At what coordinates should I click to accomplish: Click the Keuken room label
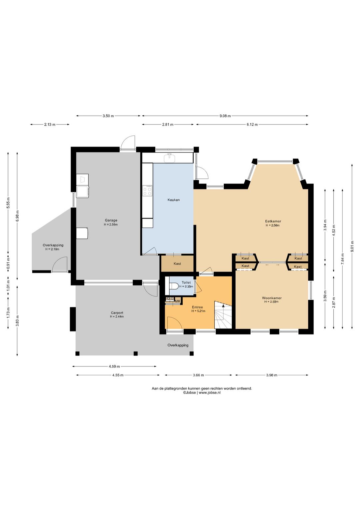[x=174, y=200]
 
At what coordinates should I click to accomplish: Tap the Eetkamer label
[x=273, y=221]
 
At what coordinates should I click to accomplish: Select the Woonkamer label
[x=272, y=298]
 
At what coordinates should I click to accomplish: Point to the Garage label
[x=111, y=220]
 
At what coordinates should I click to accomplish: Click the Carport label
[x=117, y=313]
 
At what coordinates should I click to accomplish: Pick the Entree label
[x=197, y=307]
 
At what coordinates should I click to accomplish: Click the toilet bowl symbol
[x=174, y=286]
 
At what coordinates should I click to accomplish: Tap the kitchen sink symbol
[x=169, y=157]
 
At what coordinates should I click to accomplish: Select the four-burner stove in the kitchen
[x=147, y=190]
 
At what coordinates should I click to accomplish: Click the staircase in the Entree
[x=223, y=315]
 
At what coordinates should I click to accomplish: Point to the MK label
[x=178, y=301]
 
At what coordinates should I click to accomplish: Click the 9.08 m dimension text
[x=225, y=116]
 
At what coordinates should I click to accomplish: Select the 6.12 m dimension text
[x=252, y=124]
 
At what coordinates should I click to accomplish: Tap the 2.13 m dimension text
[x=50, y=124]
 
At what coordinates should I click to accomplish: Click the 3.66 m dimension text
[x=198, y=375]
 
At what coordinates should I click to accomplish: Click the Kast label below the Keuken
[x=177, y=264]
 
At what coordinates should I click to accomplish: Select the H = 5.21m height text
[x=198, y=311]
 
